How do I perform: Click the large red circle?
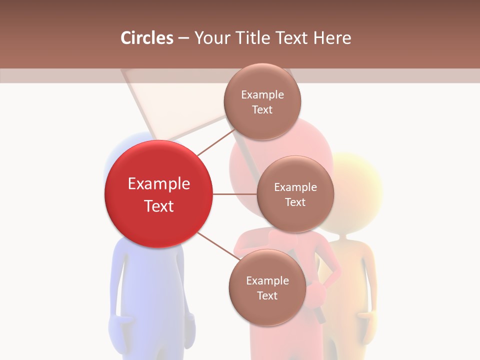tap(158, 194)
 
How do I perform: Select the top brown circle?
tap(262, 101)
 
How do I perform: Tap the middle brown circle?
tap(295, 194)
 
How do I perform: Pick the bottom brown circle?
tap(267, 287)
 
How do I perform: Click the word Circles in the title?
tap(147, 38)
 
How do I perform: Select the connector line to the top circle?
tap(216, 142)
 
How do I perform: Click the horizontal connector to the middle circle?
tap(234, 194)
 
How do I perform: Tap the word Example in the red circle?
tap(158, 184)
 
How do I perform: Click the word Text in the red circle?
tap(158, 206)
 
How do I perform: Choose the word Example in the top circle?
tap(262, 94)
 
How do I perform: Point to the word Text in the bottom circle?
tap(267, 295)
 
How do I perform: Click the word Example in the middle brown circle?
tap(295, 187)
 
